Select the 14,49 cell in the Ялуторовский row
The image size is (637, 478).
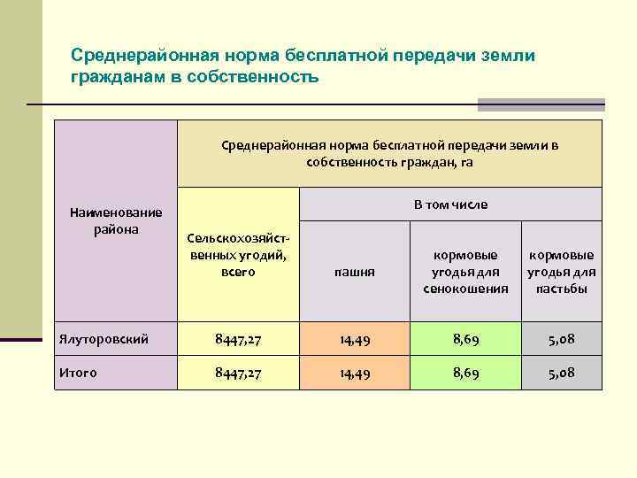pos(354,338)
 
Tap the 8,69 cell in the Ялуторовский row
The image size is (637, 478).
pos(466,338)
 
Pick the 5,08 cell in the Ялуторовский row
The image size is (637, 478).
pos(561,338)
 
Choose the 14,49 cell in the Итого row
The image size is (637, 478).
pos(354,373)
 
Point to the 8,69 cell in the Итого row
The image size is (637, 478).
pos(466,373)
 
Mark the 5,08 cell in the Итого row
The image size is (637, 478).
pos(561,373)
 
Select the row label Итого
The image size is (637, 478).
pos(78,373)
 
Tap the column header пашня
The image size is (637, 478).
pos(354,272)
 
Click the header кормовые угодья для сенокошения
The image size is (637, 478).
pos(466,271)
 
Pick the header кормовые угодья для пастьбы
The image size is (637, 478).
pos(561,271)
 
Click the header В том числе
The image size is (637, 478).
pos(450,204)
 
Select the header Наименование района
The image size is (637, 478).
pos(116,220)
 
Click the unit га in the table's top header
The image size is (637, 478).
pos(467,162)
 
